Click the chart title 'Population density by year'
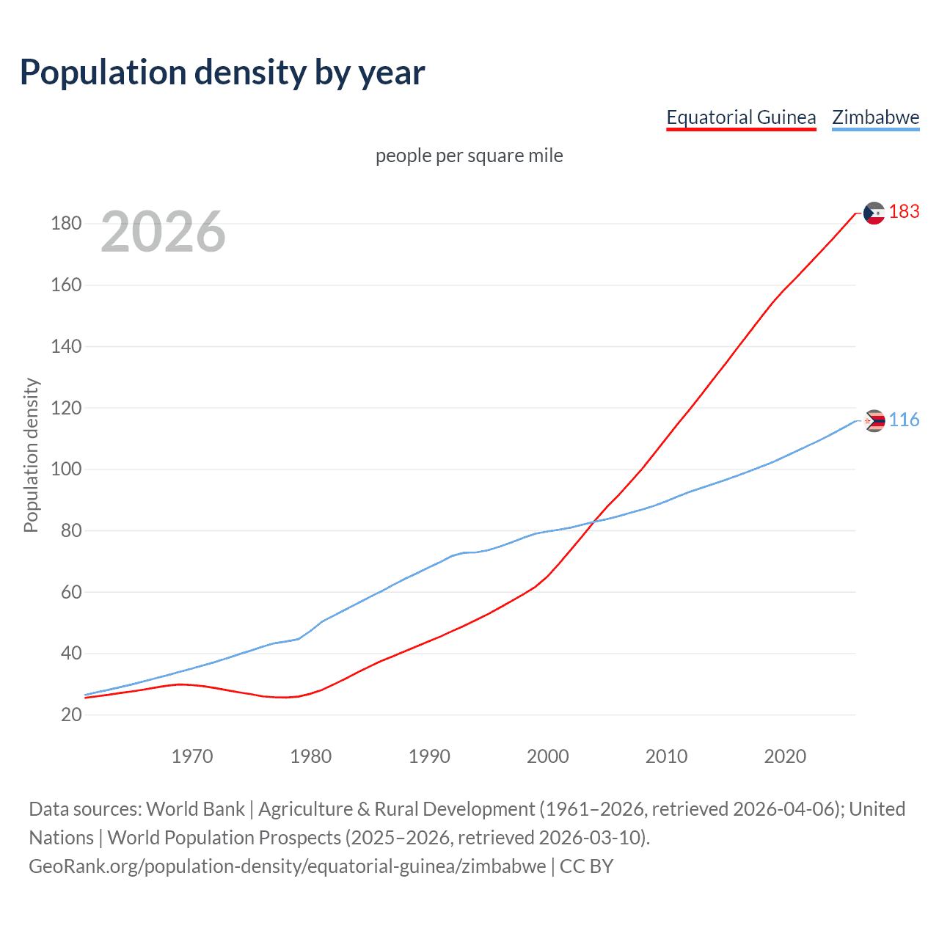coord(222,73)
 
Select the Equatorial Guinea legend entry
coord(741,117)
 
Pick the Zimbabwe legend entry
coord(875,117)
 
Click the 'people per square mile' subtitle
coord(469,156)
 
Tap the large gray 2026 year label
coord(163,232)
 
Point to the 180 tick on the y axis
coord(66,224)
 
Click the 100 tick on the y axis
coord(66,469)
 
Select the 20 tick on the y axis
coord(71,715)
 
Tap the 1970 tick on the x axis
coord(192,756)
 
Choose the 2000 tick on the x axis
coord(548,756)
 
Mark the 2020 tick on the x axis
coord(785,756)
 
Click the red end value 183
coord(904,212)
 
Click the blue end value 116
coord(904,420)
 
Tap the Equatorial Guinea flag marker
coord(874,213)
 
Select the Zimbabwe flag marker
coord(874,421)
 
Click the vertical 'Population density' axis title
coord(31,455)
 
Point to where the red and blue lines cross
coord(593,522)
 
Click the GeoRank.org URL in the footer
coord(288,866)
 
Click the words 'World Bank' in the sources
coord(195,809)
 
